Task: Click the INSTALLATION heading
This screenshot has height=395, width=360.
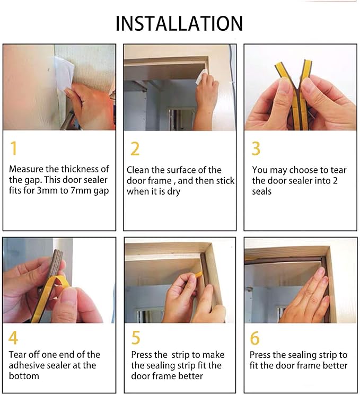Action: [179, 23]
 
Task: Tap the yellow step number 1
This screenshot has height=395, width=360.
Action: [14, 148]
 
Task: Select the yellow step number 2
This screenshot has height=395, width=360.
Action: [135, 149]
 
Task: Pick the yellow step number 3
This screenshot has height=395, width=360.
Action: [256, 148]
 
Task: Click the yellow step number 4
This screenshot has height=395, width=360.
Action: [13, 338]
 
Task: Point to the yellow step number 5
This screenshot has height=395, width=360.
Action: [136, 338]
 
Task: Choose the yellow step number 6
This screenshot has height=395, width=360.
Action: [254, 338]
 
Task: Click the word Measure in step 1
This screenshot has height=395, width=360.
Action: [26, 169]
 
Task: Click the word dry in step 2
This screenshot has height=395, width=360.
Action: [174, 192]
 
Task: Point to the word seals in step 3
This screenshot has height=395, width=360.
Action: [262, 191]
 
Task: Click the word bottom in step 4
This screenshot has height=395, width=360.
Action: [24, 376]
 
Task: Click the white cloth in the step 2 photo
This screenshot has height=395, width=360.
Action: [202, 76]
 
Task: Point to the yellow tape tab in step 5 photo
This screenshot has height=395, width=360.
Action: [198, 275]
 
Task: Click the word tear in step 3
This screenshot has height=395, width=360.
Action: [339, 170]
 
